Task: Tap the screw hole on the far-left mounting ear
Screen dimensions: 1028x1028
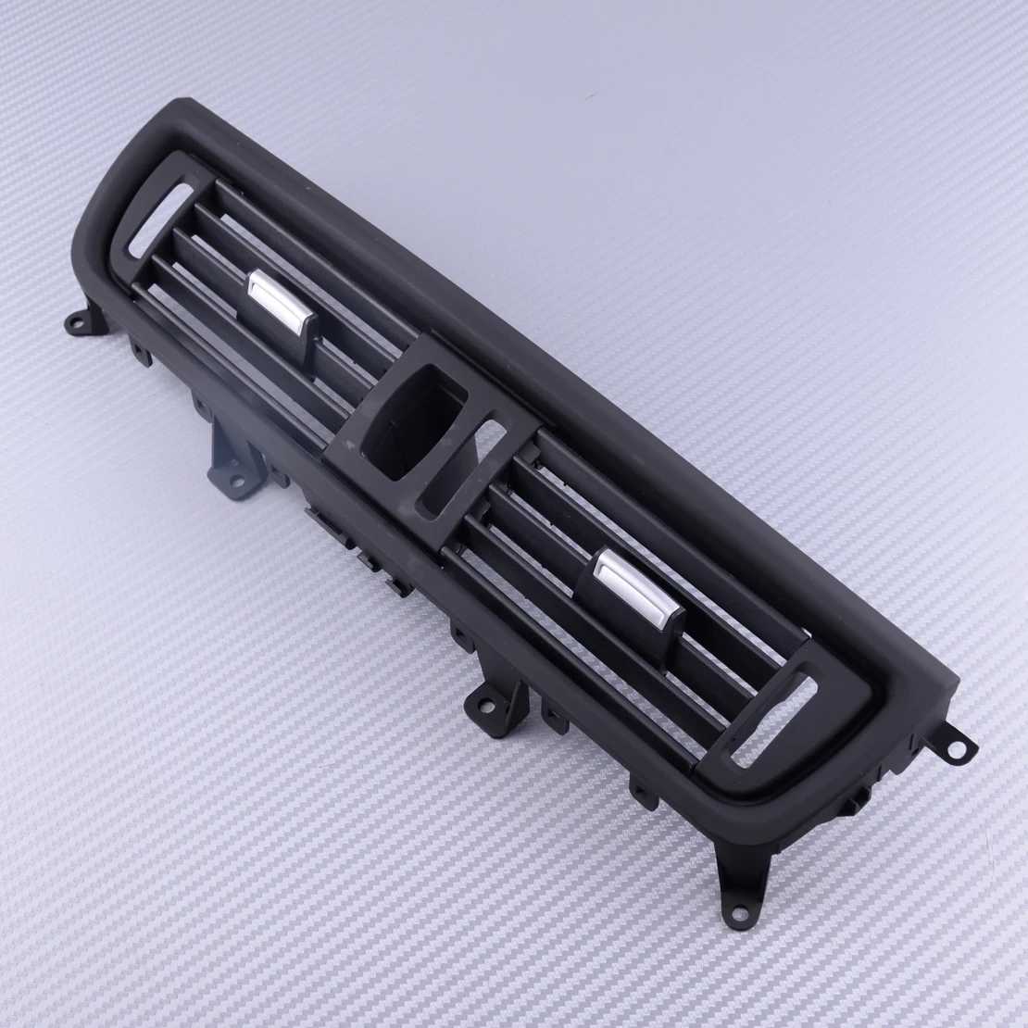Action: click(x=75, y=323)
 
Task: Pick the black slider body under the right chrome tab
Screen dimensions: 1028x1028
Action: click(x=602, y=593)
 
